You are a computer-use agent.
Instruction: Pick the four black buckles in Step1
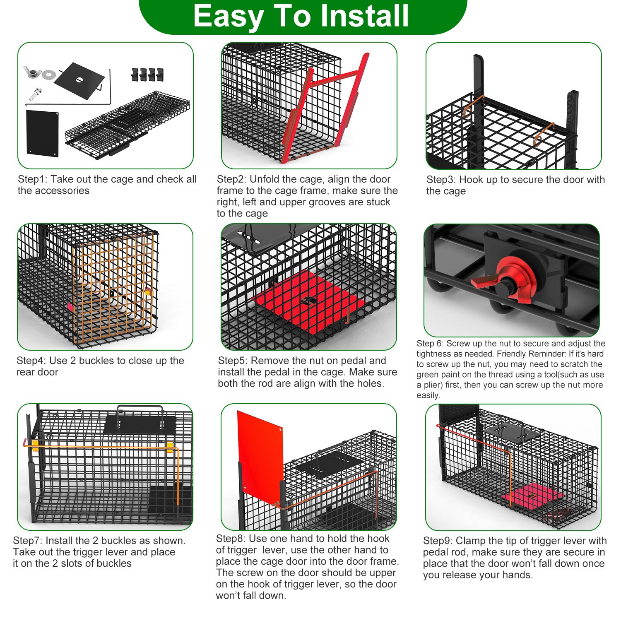147,75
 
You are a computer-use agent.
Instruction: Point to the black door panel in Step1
42,133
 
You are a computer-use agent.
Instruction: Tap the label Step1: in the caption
32,179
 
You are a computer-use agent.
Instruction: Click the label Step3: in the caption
441,180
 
